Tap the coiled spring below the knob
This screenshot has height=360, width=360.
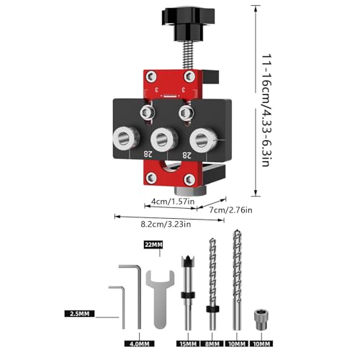188,56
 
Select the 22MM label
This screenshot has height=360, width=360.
153,245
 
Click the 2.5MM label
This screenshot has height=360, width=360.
79,314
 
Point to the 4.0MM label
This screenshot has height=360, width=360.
140,343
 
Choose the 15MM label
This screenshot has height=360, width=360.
188,343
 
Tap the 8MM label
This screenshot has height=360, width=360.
212,343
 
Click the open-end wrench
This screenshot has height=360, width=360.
160,297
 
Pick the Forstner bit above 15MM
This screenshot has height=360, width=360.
188,293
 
